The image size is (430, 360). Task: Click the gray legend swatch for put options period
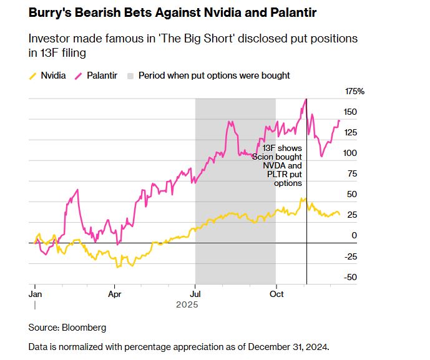130,75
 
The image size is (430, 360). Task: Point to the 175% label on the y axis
354,91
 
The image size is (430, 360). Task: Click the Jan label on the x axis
35,292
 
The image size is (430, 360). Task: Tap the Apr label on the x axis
115,292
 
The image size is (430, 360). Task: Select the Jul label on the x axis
195,292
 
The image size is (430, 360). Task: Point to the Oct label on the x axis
275,292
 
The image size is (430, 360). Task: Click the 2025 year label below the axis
187,304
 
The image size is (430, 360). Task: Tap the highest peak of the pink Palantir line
306,99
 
